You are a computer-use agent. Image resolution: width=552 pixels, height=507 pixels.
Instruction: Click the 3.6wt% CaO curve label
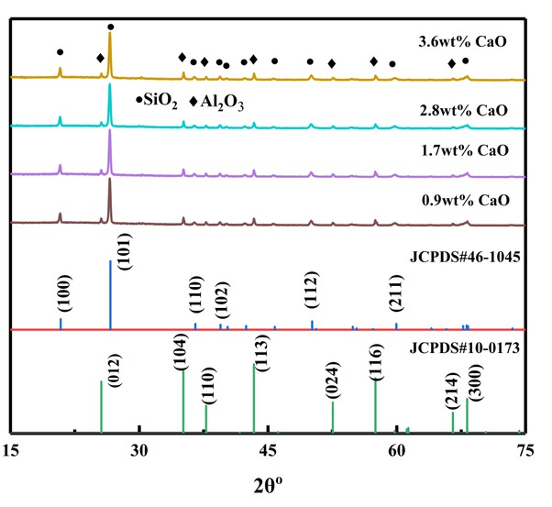coord(461,42)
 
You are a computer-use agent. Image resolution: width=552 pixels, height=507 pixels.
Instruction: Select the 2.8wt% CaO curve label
coord(461,109)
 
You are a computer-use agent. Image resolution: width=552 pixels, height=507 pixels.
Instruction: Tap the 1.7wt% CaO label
coord(461,150)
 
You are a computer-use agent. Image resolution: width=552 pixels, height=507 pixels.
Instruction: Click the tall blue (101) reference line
coord(110,293)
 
